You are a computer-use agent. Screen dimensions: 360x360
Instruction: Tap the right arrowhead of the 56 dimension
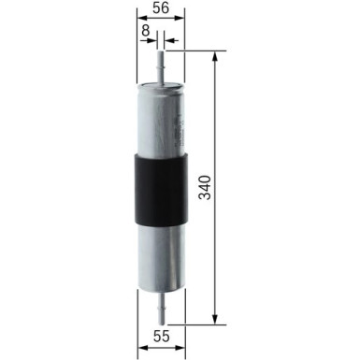pos(180,19)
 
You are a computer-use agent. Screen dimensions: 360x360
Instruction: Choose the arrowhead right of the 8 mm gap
pos(168,41)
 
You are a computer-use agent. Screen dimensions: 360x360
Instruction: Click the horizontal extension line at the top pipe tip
pos(192,51)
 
